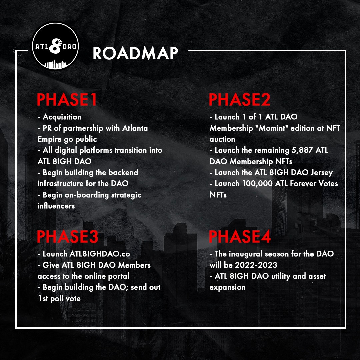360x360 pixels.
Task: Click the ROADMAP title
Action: point(135,53)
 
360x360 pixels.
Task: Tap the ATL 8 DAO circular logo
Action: point(55,46)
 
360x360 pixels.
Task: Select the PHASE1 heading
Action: point(67,100)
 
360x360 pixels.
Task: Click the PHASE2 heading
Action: point(239,100)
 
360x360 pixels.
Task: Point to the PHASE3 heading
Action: point(68,237)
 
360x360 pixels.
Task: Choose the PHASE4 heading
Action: point(240,237)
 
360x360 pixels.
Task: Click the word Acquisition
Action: point(62,117)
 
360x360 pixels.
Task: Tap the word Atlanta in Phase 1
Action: point(135,128)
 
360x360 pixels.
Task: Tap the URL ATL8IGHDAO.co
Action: point(100,254)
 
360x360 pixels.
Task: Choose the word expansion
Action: point(228,288)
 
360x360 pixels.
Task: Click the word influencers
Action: point(56,206)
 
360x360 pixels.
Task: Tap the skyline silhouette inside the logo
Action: point(55,65)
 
